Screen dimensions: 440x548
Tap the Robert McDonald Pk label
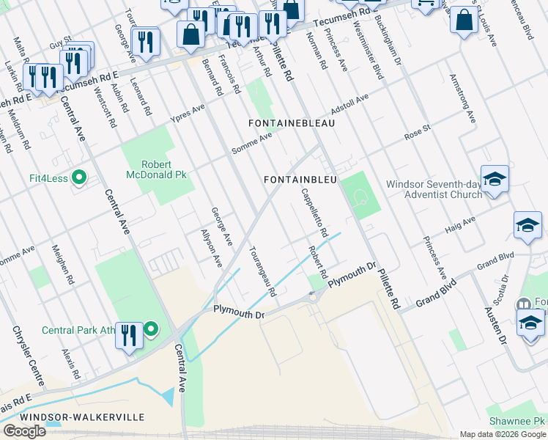click(154, 169)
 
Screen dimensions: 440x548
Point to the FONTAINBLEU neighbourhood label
click(300, 180)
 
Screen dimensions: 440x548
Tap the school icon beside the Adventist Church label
click(495, 179)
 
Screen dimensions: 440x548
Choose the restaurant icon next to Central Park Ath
click(129, 336)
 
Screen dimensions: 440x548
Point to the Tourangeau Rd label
click(263, 271)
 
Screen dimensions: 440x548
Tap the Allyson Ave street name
click(211, 248)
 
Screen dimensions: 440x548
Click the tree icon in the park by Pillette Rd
click(359, 197)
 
